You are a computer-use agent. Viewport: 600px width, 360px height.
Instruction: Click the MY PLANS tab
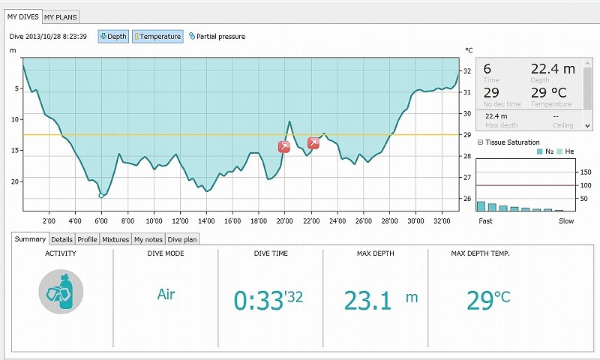coord(60,16)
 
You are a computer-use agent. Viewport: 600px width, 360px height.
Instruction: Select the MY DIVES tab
coord(22,16)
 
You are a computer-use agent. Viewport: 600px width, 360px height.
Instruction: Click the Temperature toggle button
coord(157,36)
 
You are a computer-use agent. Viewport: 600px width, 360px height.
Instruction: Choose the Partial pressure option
coord(217,36)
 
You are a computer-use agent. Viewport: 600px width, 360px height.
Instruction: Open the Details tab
coord(62,240)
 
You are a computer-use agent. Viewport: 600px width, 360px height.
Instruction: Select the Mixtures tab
coord(115,240)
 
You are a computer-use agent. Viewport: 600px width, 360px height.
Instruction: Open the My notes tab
coord(148,240)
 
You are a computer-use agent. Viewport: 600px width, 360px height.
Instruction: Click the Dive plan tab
coord(181,240)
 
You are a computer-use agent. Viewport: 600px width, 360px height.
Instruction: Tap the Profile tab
coord(88,240)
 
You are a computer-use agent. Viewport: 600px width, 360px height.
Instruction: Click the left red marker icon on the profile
coord(284,147)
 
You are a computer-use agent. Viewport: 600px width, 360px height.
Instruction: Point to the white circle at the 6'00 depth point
coord(101,196)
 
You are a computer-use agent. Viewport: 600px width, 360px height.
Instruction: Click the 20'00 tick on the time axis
coord(285,221)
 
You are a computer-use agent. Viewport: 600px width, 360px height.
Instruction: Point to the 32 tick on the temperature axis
coord(467,71)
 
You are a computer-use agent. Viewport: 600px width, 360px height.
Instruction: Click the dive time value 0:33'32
coord(268,301)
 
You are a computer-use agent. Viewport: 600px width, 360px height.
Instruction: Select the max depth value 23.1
coord(369,301)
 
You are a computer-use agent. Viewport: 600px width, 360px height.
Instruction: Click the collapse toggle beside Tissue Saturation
coord(480,142)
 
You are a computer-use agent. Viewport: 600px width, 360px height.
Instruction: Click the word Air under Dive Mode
coord(166,294)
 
